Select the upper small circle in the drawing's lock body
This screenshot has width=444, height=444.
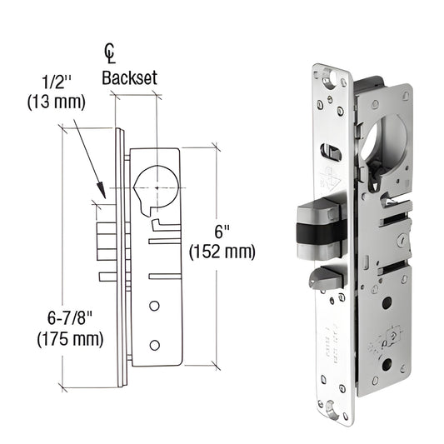[155, 307]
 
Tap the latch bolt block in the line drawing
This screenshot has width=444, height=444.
[106, 242]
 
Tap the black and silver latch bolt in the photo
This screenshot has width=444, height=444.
[319, 227]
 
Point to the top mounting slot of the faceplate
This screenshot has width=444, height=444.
[336, 80]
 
